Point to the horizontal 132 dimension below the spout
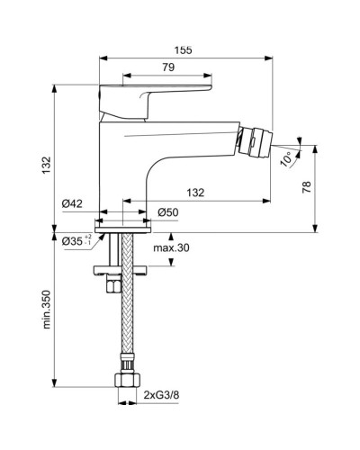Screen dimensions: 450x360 pyautogui.click(x=194, y=193)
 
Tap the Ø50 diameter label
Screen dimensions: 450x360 pyautogui.click(x=167, y=212)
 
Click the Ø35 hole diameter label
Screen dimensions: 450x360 pyautogui.click(x=75, y=240)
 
